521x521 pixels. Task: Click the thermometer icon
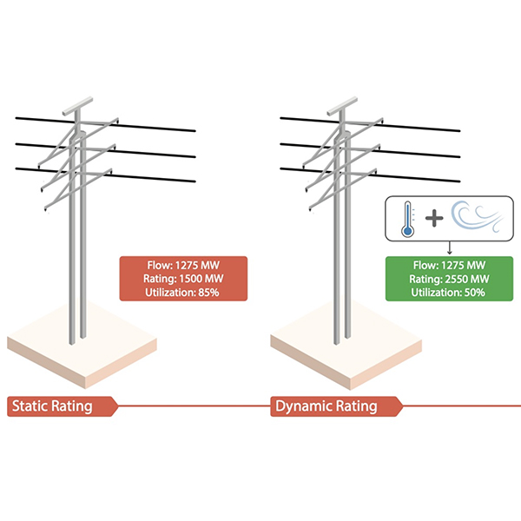pos(406,214)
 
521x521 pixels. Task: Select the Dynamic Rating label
pos(326,406)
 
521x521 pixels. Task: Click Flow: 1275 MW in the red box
pos(183,264)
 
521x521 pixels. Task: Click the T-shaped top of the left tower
pos(77,100)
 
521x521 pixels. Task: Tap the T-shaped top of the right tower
pos(341,100)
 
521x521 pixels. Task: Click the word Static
pos(32,406)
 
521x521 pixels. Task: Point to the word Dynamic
pos(304,406)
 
